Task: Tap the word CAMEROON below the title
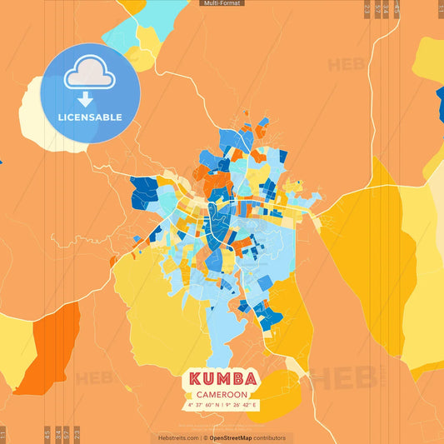pyautogui.click(x=221, y=394)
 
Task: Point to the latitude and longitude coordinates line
pyautogui.click(x=221, y=405)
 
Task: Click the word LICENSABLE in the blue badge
pyautogui.click(x=90, y=117)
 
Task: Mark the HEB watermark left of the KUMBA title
pyautogui.click(x=94, y=378)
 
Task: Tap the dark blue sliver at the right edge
pyautogui.click(x=440, y=104)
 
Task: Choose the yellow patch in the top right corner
pyautogui.click(x=431, y=58)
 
